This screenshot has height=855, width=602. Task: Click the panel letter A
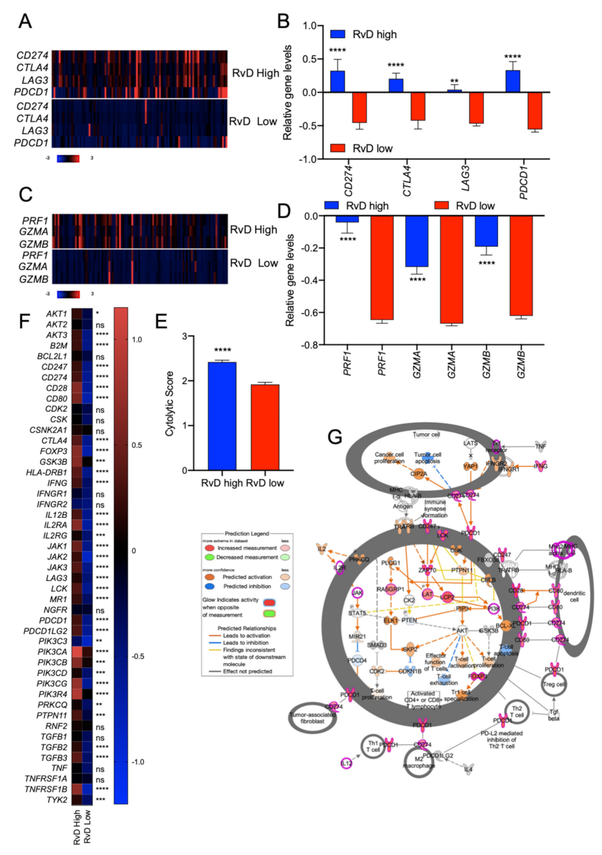coord(25,21)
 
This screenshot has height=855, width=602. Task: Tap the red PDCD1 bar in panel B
coord(535,110)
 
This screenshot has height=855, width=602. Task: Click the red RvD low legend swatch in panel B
coord(337,148)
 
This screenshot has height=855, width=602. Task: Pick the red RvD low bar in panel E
coord(265,427)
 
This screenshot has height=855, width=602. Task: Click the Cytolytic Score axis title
coord(170,404)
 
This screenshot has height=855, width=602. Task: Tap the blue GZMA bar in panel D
coord(417,241)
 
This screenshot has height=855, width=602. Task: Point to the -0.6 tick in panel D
coord(309,313)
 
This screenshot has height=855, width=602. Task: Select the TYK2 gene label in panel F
coord(56,800)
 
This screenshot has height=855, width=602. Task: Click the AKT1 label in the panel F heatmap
coord(56,314)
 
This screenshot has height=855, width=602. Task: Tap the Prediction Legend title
coord(246,534)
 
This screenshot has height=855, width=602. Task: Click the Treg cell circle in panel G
coord(554,684)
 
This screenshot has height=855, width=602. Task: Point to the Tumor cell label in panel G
coord(426,434)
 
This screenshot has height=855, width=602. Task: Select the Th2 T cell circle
coord(517,712)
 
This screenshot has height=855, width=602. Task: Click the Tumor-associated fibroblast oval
coord(313,718)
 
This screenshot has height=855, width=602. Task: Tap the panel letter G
coord(335,437)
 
